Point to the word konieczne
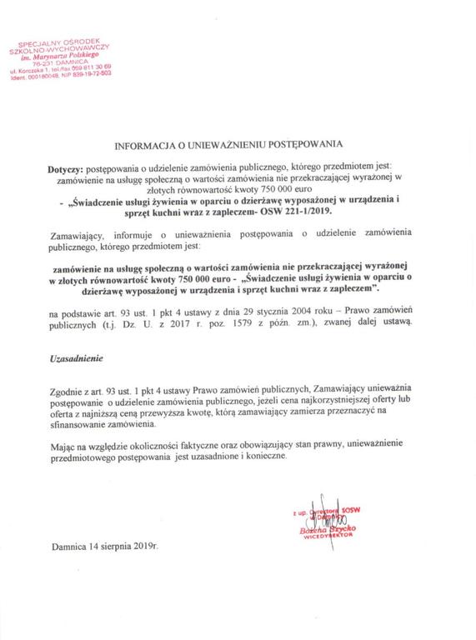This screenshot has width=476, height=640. (269, 457)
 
